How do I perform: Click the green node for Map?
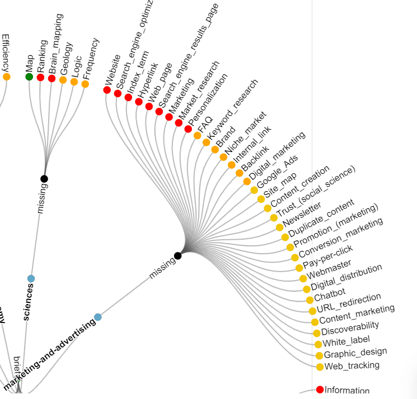click(x=29, y=76)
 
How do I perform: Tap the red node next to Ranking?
click(x=40, y=77)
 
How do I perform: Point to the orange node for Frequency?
click(x=85, y=84)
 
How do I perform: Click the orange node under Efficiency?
click(x=6, y=77)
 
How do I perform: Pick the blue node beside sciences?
click(x=31, y=278)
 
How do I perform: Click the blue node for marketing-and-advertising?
click(x=98, y=317)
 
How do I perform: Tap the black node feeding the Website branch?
click(x=177, y=256)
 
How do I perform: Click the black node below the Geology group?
click(x=44, y=179)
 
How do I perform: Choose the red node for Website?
click(x=107, y=89)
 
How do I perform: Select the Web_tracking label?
click(x=352, y=365)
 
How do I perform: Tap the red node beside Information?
click(x=320, y=389)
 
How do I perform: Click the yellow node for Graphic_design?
click(x=319, y=355)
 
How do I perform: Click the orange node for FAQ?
click(x=197, y=135)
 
